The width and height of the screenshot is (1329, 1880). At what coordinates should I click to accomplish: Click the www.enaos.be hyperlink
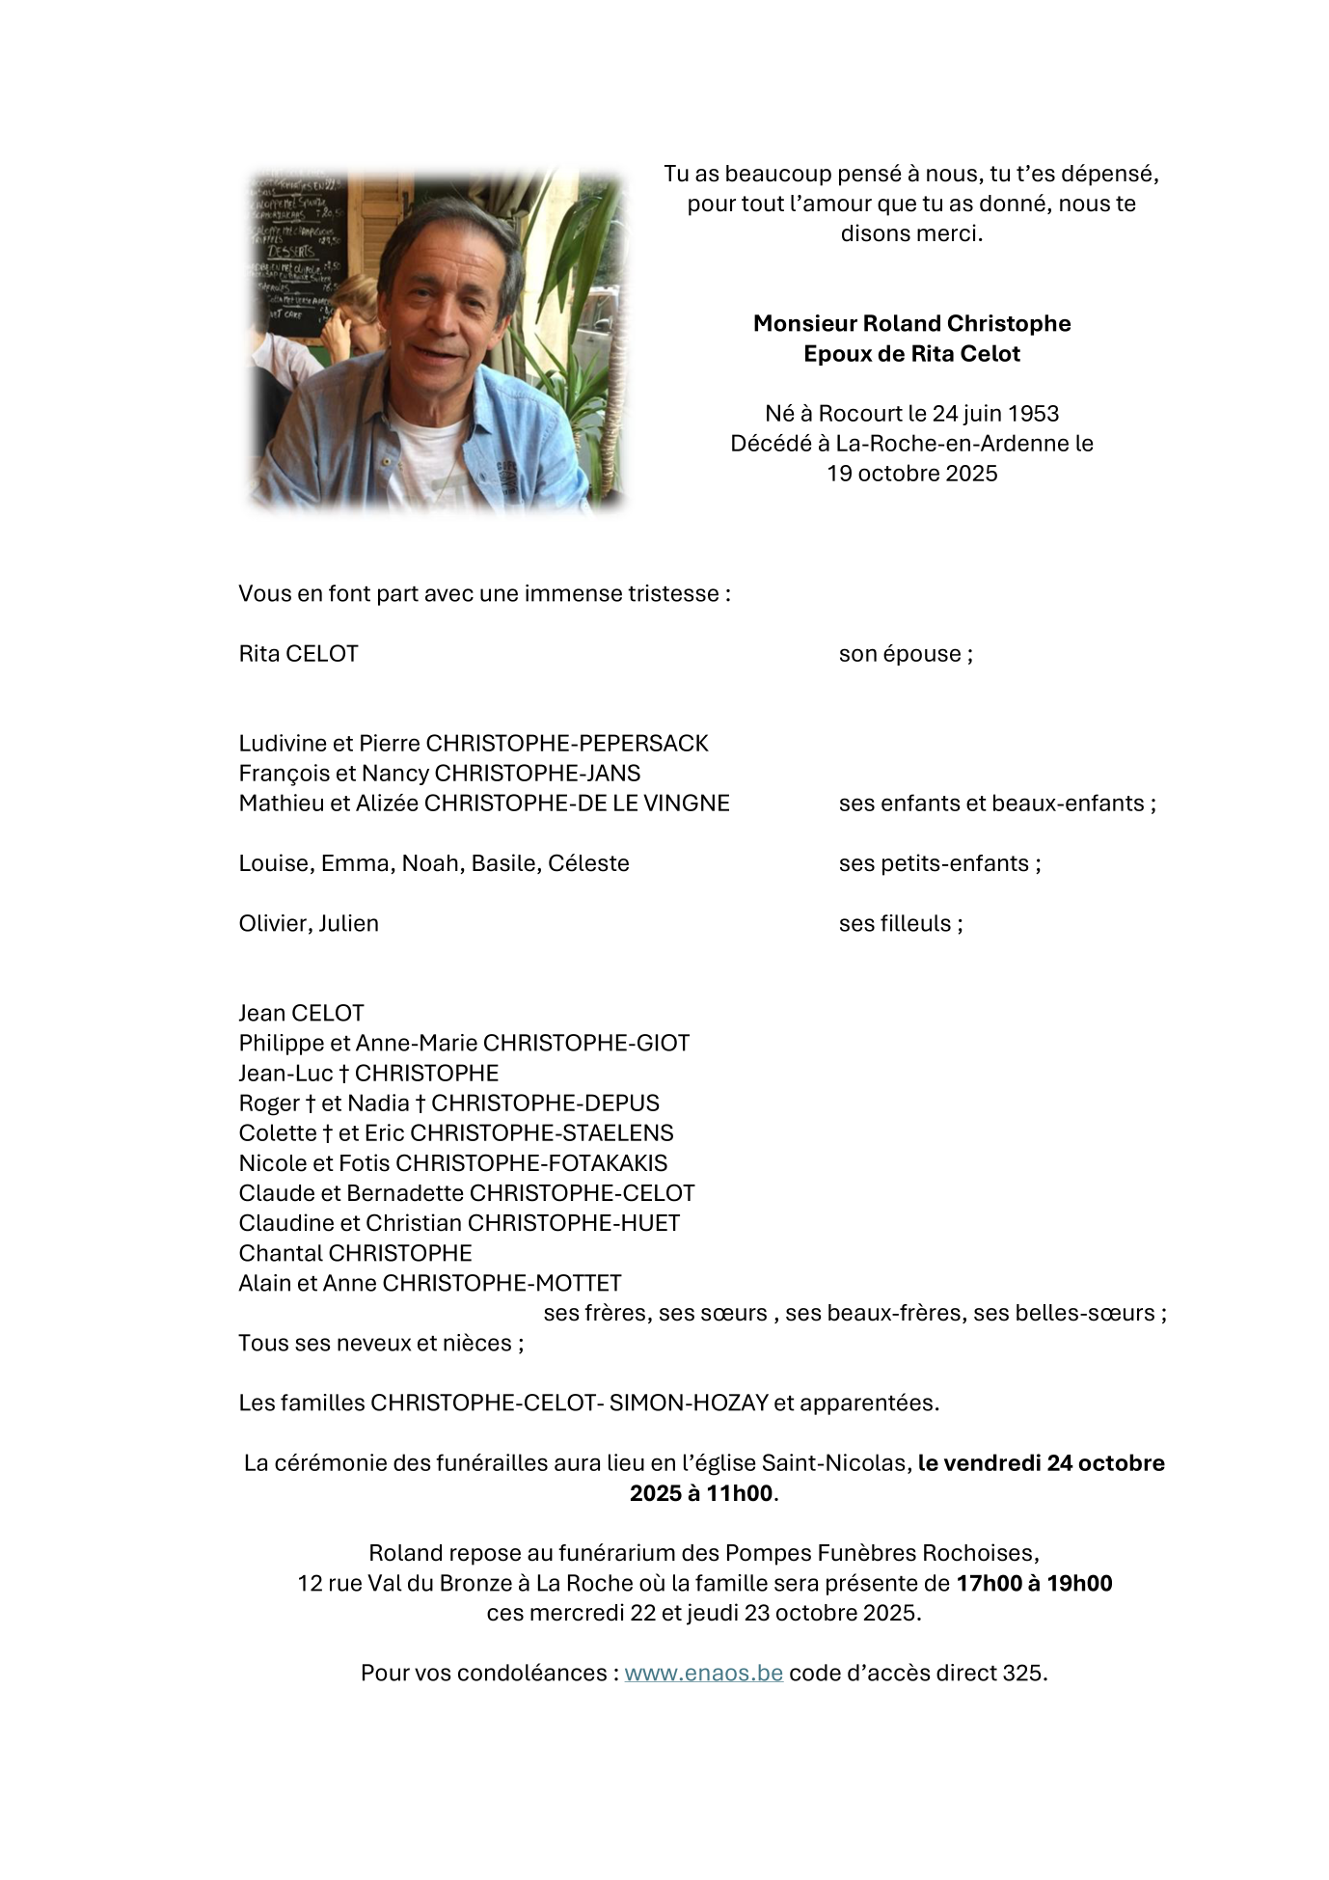(703, 1673)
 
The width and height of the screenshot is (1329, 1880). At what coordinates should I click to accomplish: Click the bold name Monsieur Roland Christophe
(911, 323)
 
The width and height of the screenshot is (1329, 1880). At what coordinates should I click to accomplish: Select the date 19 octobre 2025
(911, 473)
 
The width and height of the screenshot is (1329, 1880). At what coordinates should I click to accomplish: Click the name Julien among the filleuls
(349, 923)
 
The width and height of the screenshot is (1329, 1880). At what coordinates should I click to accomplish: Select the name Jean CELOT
(301, 1013)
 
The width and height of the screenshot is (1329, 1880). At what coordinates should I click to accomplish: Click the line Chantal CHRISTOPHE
(355, 1253)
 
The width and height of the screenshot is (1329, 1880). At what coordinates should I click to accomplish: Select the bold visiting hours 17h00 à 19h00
(1034, 1583)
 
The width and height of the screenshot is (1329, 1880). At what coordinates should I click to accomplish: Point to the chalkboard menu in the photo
(289, 251)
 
